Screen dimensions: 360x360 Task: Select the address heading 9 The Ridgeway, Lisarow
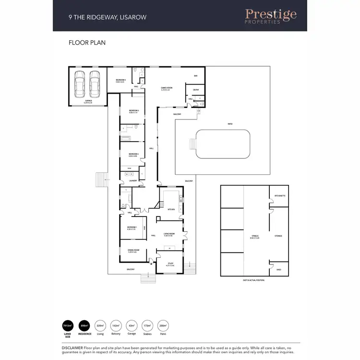coord(108,17)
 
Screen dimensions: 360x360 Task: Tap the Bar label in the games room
coord(195,76)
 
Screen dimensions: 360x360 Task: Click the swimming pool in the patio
coord(223,144)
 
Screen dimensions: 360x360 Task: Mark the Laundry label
coord(133,181)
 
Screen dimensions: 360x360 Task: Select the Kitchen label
coord(170,210)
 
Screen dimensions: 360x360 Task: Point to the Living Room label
coord(168,234)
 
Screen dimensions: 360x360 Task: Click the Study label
coord(170,264)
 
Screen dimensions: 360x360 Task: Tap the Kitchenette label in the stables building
coord(280,196)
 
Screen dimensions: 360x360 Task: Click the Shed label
coord(279,270)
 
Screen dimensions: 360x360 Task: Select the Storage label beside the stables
coord(278,236)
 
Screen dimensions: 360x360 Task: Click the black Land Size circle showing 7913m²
coord(68,326)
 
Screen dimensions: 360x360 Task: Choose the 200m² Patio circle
coord(163,326)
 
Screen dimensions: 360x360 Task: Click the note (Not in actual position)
coord(253,280)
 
